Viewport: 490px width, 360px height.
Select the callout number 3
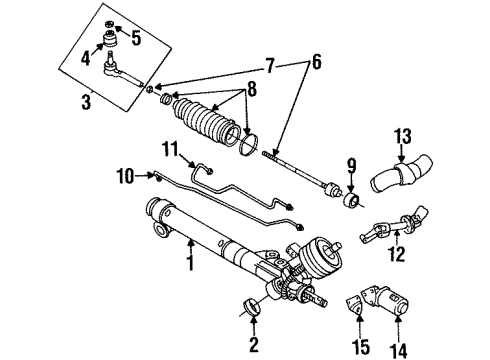[x=86, y=100]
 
